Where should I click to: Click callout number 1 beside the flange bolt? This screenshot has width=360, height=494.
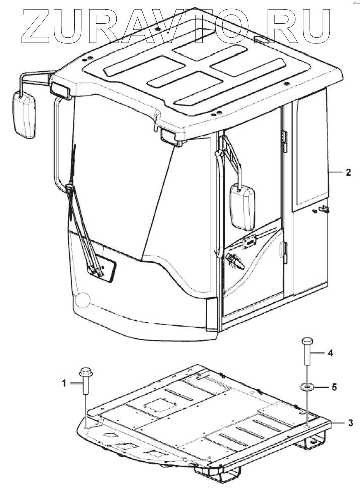pyautogui.click(x=64, y=383)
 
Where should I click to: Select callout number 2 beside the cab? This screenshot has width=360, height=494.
pyautogui.click(x=348, y=172)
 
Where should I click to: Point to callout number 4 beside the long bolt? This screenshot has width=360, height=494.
pyautogui.click(x=330, y=354)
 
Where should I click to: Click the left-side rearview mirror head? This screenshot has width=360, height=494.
pyautogui.click(x=24, y=115)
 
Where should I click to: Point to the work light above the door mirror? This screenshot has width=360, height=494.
pyautogui.click(x=170, y=136)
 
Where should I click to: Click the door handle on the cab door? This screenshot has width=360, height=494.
pyautogui.click(x=233, y=260)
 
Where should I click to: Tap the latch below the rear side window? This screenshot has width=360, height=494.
pyautogui.click(x=322, y=210)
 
